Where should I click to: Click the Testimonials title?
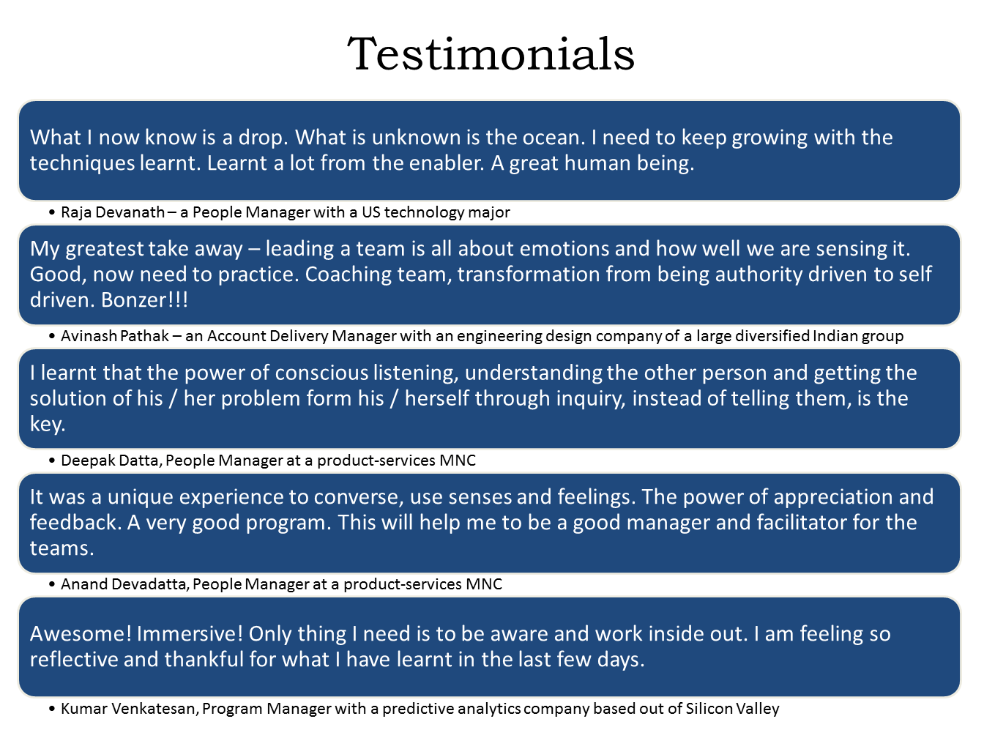tap(491, 53)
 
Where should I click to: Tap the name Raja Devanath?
tap(113, 212)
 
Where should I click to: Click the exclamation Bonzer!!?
tap(144, 299)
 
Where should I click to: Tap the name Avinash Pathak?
tap(115, 336)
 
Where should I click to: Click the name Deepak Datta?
tap(111, 461)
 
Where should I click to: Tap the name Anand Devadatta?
tap(125, 584)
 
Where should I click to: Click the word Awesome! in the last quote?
tap(81, 634)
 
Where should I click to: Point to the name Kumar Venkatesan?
tap(130, 709)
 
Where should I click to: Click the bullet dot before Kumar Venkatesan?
tap(52, 709)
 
